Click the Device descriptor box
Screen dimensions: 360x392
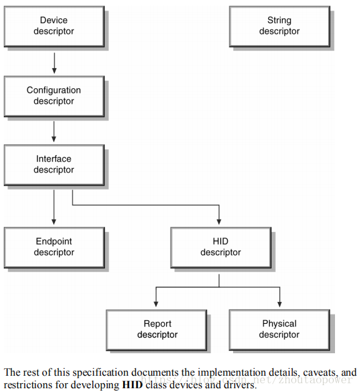click(54, 26)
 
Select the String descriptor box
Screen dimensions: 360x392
click(280, 26)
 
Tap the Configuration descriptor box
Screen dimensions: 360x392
click(54, 96)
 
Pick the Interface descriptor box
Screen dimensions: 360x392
click(54, 165)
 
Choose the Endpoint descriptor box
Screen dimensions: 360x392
click(54, 248)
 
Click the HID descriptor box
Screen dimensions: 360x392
click(221, 248)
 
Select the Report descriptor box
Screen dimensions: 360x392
click(156, 330)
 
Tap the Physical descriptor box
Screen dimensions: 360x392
click(279, 330)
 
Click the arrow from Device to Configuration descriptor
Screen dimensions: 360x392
click(54, 63)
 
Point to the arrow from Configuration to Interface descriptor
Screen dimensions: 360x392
click(54, 132)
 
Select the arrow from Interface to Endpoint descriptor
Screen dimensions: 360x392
click(54, 207)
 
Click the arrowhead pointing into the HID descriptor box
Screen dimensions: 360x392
click(219, 221)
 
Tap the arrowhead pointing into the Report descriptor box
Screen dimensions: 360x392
click(156, 304)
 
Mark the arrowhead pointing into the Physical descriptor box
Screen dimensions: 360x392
click(279, 304)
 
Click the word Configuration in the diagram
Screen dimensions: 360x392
click(54, 90)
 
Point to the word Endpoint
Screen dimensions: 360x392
click(54, 241)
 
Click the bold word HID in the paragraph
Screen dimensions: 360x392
click(132, 384)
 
